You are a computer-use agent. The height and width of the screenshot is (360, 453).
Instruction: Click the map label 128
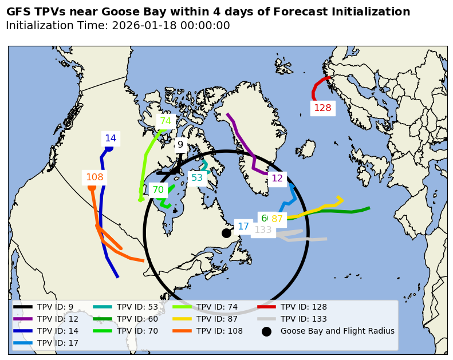click(322, 108)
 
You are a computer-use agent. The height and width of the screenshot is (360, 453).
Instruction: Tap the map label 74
click(166, 121)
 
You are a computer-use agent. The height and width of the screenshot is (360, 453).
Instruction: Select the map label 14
click(111, 139)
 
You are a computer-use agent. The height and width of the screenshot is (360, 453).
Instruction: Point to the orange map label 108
click(94, 177)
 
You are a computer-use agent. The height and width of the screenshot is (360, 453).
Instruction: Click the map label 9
click(180, 145)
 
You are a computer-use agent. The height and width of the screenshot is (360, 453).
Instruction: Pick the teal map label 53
click(197, 178)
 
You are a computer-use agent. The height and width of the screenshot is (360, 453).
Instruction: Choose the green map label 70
click(158, 190)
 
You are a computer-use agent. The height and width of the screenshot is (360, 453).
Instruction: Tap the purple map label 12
click(277, 179)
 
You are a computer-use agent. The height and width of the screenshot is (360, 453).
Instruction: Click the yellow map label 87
click(277, 219)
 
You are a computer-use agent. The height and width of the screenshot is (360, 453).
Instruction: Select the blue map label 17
click(243, 227)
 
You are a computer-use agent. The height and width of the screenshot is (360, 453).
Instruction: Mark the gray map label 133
click(263, 230)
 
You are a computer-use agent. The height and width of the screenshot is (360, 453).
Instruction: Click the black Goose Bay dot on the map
click(226, 233)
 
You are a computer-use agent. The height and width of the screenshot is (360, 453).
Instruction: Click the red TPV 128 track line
click(316, 89)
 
